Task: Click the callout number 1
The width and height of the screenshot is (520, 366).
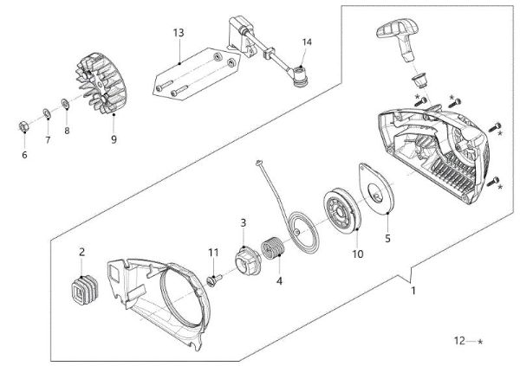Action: tap(413, 291)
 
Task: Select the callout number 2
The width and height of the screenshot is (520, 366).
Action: tap(82, 252)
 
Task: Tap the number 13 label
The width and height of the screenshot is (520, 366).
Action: tap(179, 33)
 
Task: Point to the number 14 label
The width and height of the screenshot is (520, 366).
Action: tap(307, 42)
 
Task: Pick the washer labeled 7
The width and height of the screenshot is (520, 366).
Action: tap(48, 114)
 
